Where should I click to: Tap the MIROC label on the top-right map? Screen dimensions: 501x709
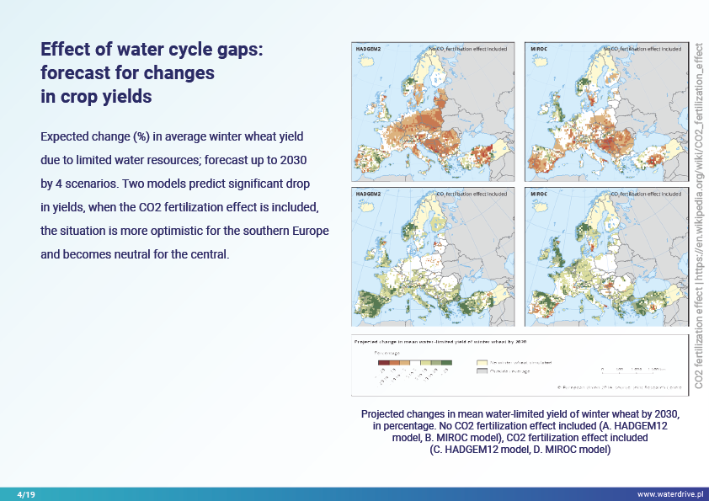[540, 50]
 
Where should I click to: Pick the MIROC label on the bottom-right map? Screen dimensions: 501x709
[540, 195]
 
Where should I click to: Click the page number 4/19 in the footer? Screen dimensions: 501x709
[26, 493]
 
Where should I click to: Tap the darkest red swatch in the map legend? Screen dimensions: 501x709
[383, 362]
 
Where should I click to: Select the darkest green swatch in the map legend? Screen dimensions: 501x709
[447, 362]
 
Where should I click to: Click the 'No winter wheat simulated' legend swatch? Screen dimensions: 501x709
[482, 362]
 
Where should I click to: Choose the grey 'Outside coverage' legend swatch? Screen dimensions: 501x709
[482, 371]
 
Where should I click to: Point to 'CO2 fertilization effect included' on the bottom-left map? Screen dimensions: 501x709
[472, 195]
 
